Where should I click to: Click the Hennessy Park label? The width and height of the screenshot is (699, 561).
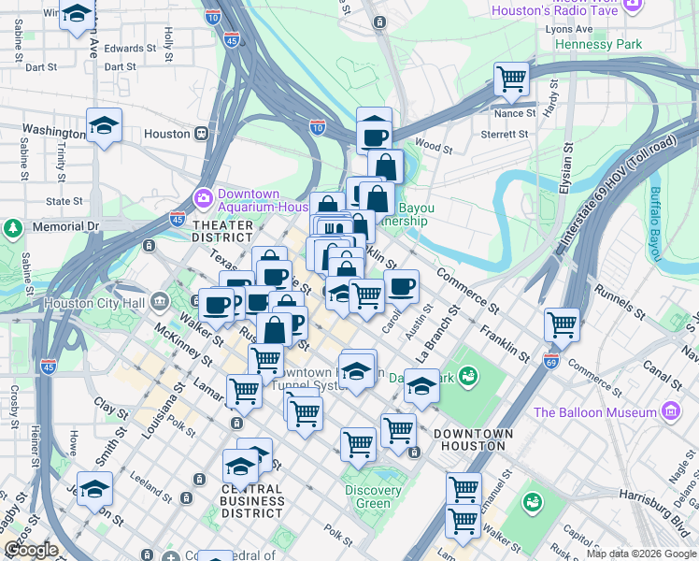[598, 44]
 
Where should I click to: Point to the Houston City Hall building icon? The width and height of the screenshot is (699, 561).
[159, 302]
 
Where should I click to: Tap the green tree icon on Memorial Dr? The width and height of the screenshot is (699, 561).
[12, 227]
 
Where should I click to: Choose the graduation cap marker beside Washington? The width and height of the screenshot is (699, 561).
[104, 124]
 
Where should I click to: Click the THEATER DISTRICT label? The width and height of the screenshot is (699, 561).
[222, 231]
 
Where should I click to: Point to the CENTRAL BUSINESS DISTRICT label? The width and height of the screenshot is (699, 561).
[252, 501]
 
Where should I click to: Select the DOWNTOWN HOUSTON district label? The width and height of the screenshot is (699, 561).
[473, 440]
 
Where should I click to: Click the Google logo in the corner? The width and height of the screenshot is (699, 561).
[31, 550]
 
